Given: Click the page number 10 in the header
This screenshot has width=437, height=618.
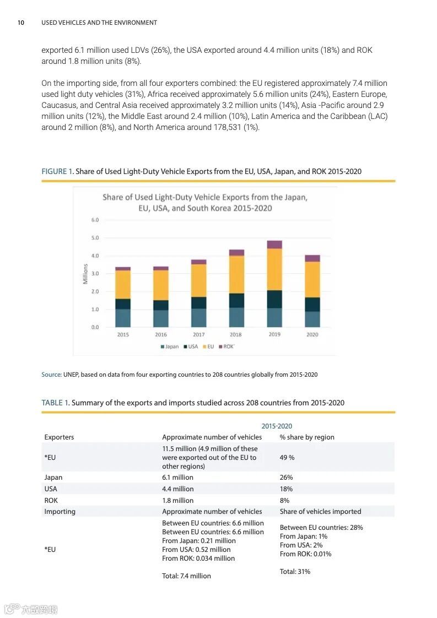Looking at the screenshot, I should click(21, 23).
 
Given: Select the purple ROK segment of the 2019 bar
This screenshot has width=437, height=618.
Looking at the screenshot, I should click(274, 245).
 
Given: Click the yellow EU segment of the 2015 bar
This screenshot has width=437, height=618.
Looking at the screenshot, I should click(123, 284).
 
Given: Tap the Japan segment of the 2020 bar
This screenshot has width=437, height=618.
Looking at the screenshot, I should click(312, 319).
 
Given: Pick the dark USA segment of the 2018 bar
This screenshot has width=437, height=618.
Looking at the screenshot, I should click(236, 300).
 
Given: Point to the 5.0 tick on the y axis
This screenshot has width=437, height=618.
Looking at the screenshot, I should click(95, 238).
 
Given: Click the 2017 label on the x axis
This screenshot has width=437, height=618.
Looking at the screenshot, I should click(199, 334).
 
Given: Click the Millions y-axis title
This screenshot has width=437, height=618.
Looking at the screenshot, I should click(85, 274).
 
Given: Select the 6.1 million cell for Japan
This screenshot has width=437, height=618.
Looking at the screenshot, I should click(177, 478).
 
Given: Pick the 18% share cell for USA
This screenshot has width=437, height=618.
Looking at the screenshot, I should click(286, 489).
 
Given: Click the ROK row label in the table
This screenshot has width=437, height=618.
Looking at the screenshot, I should click(51, 500).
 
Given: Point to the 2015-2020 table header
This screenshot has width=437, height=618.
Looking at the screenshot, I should click(277, 426).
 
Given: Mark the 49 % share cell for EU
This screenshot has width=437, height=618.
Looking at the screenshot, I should click(287, 457).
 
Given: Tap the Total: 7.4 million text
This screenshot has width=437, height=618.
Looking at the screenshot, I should click(186, 576).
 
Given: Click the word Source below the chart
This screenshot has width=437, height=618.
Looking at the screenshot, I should click(51, 375).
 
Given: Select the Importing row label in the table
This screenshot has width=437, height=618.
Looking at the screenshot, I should click(60, 511).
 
